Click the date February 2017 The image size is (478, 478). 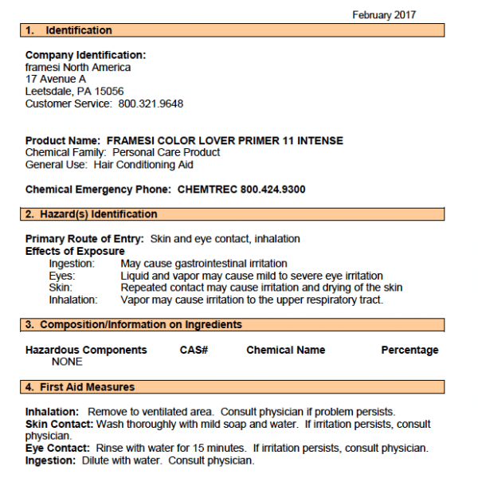pos(384,14)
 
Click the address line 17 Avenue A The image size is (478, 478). pos(56,80)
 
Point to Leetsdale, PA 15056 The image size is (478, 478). pos(74,92)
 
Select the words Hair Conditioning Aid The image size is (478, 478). pos(143,165)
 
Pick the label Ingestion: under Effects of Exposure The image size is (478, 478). pos(72,264)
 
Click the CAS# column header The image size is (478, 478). pos(194,350)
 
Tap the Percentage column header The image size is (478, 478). pos(409,350)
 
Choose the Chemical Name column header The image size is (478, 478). pos(286,350)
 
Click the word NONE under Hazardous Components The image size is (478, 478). pos(67,362)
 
